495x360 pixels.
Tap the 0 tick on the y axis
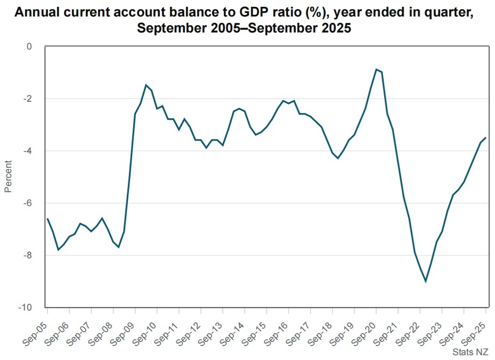(29, 47)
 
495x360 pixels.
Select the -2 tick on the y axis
(27, 99)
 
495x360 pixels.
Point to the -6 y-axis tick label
(27, 203)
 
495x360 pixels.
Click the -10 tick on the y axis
(26, 308)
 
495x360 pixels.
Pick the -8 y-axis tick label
(27, 256)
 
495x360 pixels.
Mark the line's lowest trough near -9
(426, 281)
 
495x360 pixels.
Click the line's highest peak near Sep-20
(376, 69)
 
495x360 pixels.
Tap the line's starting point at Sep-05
(47, 218)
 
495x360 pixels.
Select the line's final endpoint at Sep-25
(485, 138)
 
